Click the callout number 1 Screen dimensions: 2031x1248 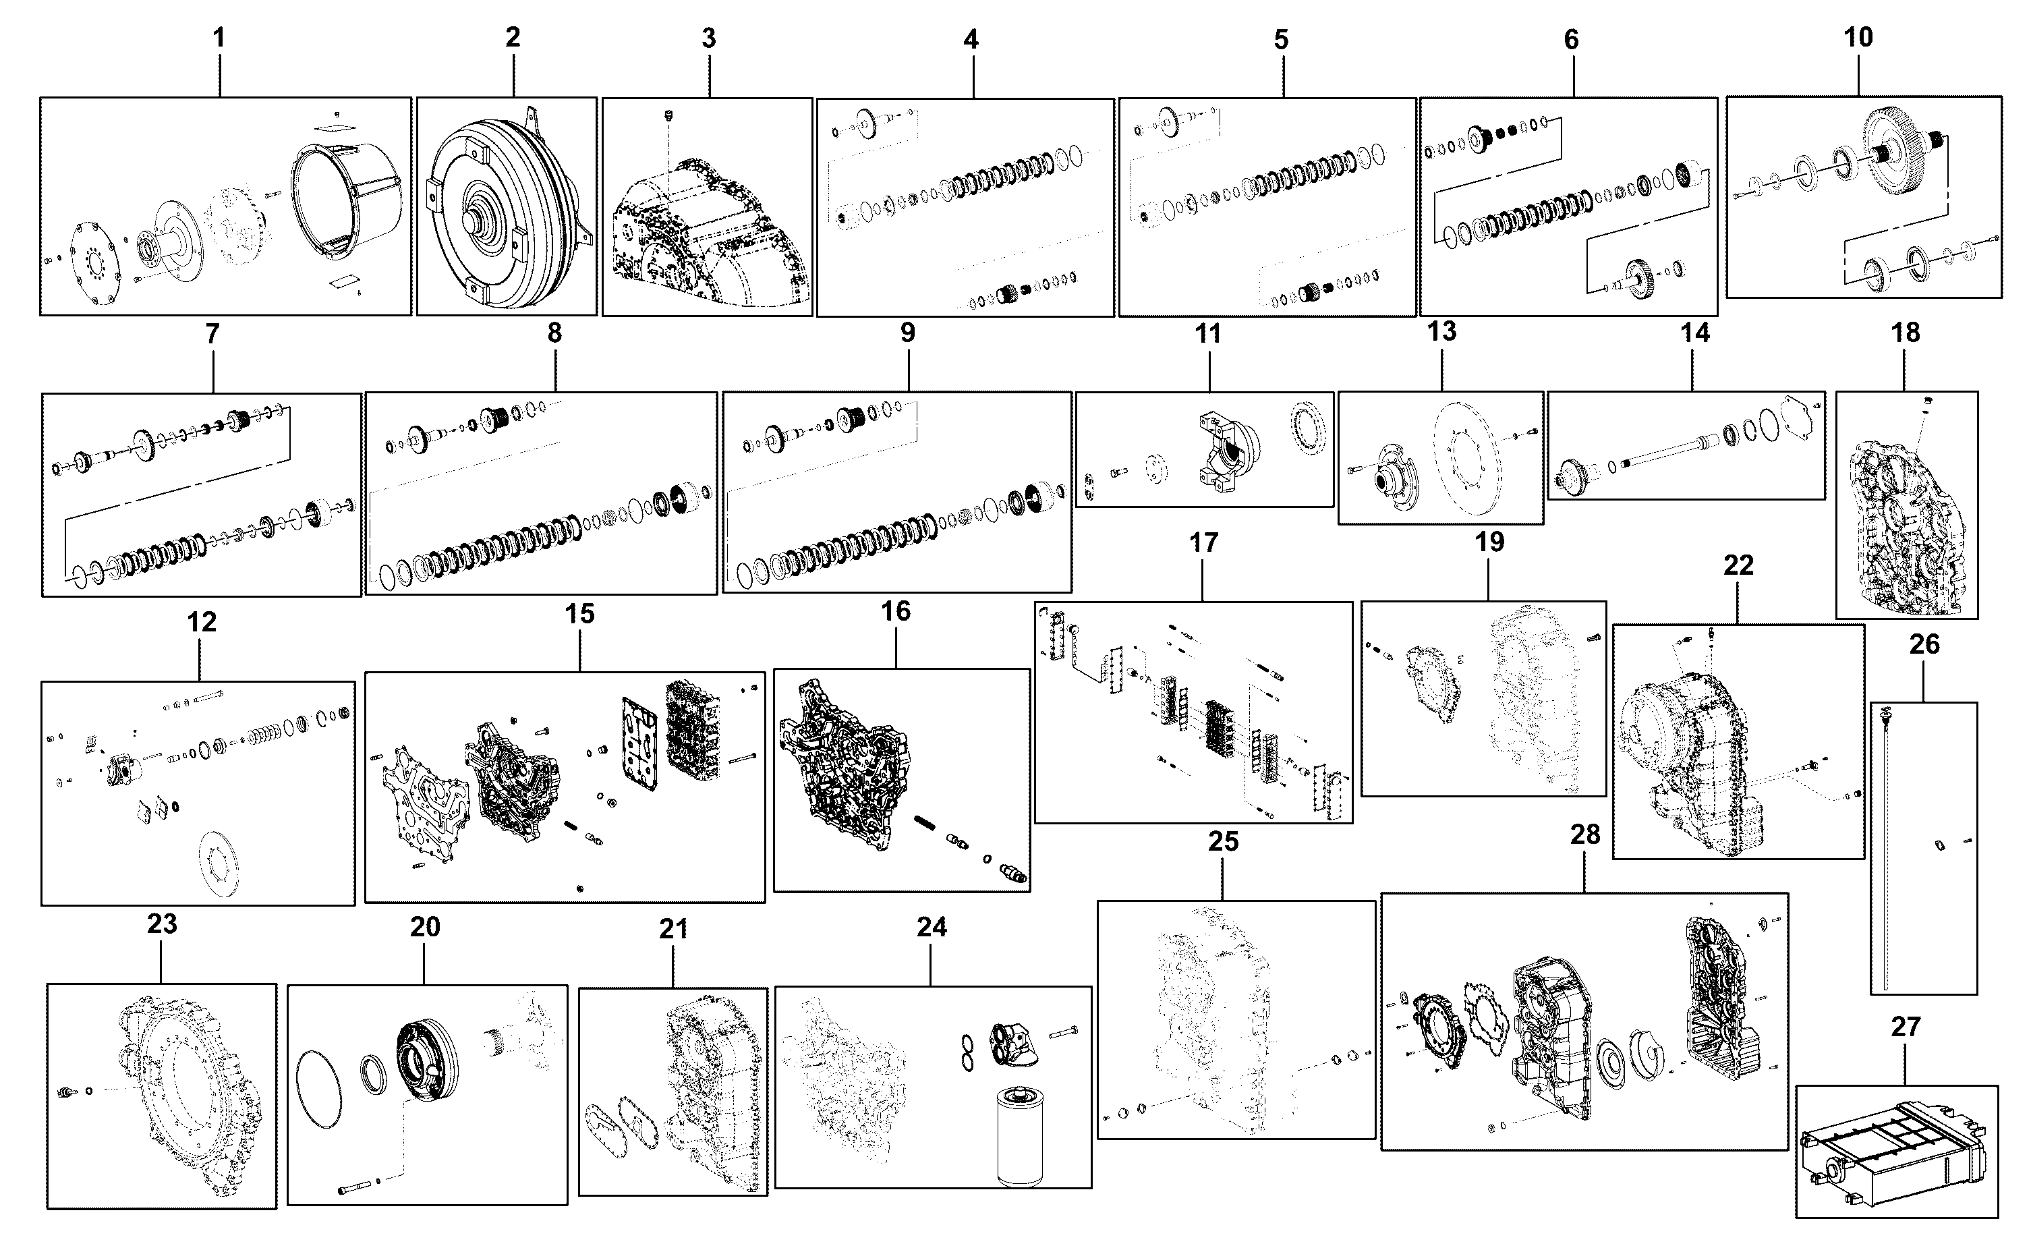pyautogui.click(x=219, y=38)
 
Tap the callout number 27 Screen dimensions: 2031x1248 pyautogui.click(x=1906, y=1027)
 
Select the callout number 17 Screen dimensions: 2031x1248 pyautogui.click(x=1203, y=542)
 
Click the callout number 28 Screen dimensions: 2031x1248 pyautogui.click(x=1585, y=834)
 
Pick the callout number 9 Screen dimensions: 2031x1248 pyautogui.click(x=908, y=333)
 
